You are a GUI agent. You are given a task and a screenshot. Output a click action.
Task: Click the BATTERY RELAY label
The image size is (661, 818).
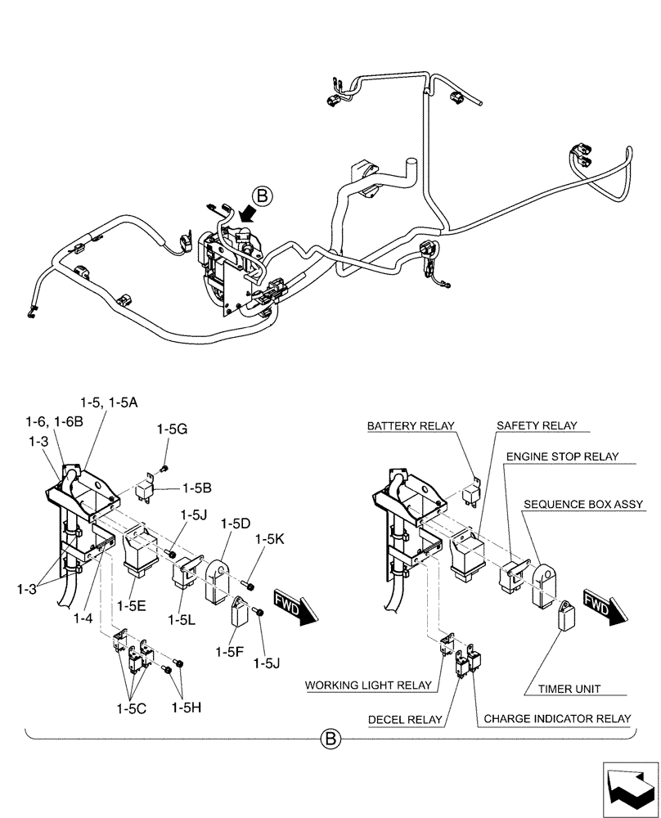[x=410, y=427]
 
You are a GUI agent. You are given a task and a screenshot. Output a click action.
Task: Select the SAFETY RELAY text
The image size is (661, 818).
[x=537, y=426]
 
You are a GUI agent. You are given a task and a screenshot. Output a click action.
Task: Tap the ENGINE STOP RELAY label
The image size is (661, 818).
[x=562, y=456]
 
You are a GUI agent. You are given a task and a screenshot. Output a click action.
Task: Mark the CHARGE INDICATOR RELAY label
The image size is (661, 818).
[x=557, y=719]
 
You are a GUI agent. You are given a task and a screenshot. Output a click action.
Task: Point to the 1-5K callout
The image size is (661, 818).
[x=269, y=540]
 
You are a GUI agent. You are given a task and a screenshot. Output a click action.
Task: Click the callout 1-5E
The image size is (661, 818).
[x=139, y=606]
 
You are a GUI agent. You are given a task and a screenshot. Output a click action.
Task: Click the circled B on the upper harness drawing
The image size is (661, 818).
[x=262, y=196]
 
